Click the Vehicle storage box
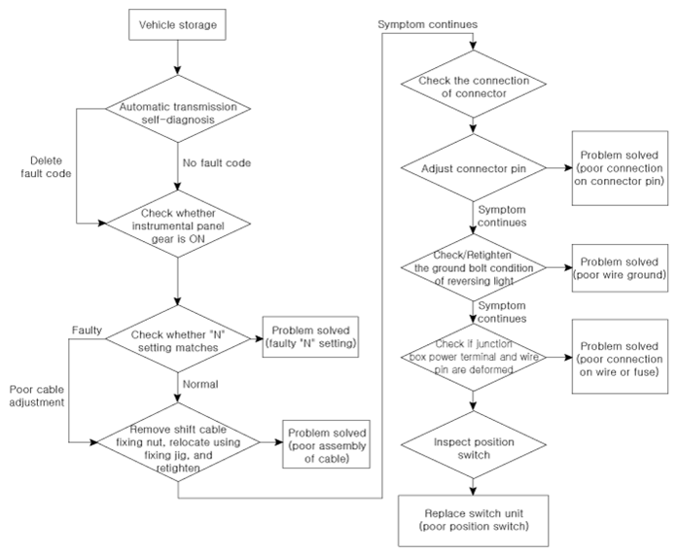coord(177,24)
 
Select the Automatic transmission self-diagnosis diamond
coord(178,109)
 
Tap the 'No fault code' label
coord(217,163)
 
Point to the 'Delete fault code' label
coord(46,167)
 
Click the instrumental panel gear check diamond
coord(178,224)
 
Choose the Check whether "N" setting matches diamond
coord(178,339)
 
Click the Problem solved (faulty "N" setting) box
coord(310,336)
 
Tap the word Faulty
coord(87,330)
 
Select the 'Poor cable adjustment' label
coord(37,396)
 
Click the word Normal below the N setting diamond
coord(200,384)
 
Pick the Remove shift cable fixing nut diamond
coord(178,442)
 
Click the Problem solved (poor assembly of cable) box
coord(327,444)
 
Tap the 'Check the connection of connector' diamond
coord(474,84)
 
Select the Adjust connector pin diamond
coord(474,167)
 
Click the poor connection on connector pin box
coord(620,168)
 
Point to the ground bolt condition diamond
coord(474,267)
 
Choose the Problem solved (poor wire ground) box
coord(620,268)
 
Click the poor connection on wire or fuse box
coord(620,357)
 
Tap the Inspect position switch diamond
coord(474,445)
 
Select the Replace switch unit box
coord(474,521)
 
